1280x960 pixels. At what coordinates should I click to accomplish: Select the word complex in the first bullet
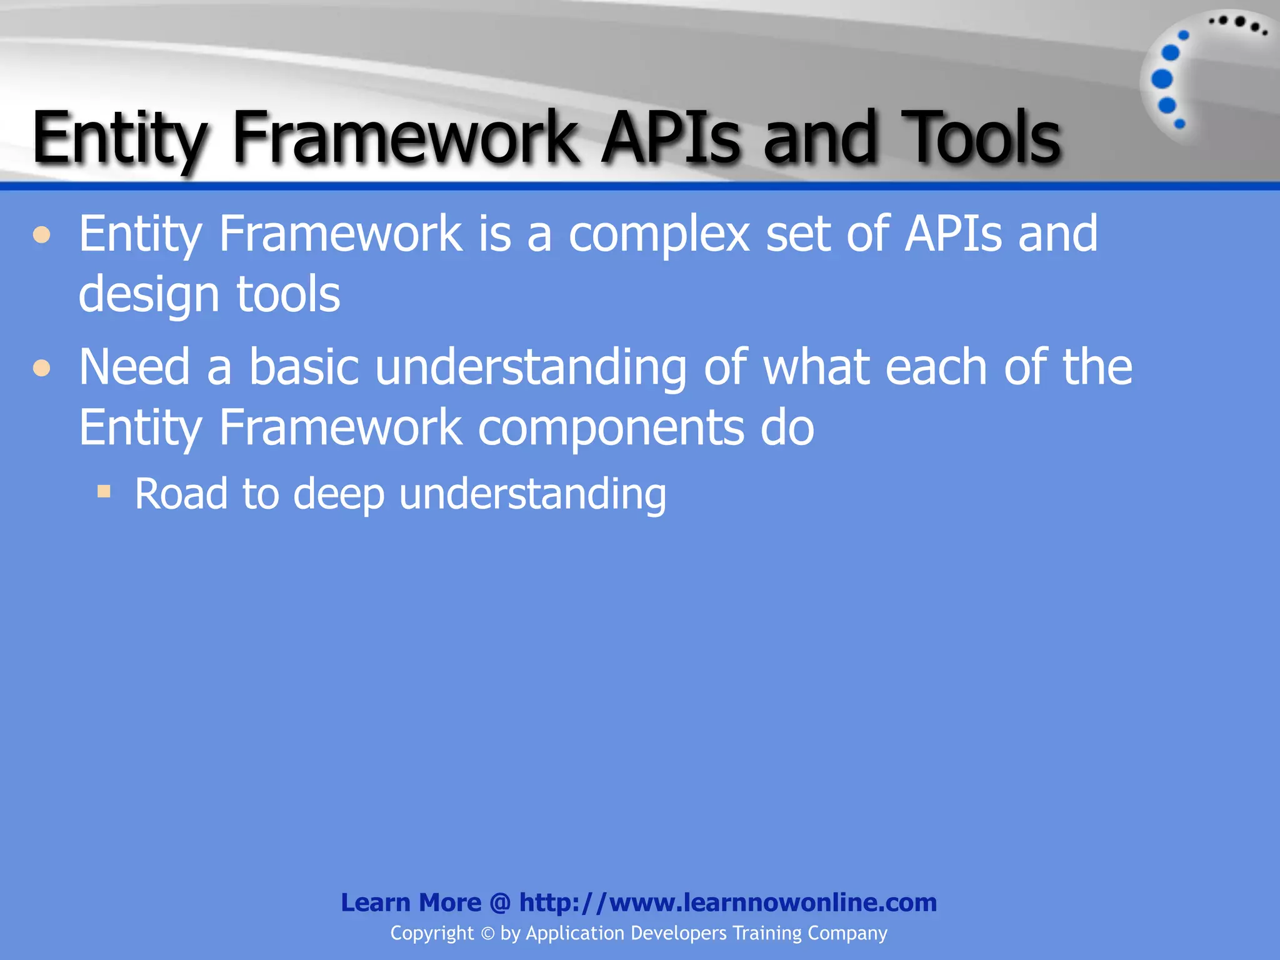click(x=659, y=234)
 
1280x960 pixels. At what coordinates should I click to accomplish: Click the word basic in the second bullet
click(x=304, y=367)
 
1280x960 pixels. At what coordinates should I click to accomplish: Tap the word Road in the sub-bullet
click(x=181, y=494)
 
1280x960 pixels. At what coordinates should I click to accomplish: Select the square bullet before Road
click(x=104, y=491)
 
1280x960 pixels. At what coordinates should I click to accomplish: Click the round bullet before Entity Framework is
click(x=42, y=236)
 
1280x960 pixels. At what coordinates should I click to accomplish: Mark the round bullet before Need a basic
click(x=42, y=368)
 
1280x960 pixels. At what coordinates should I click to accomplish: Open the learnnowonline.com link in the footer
click(x=727, y=902)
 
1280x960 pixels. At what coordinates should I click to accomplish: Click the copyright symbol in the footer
click(x=487, y=934)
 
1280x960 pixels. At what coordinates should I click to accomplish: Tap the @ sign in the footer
click(x=500, y=903)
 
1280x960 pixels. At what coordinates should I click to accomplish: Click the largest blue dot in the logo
click(x=1162, y=79)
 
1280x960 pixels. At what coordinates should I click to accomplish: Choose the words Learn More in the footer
click(x=411, y=902)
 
